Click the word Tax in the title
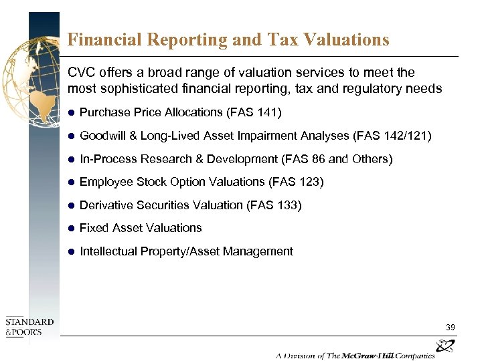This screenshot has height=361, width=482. click(282, 39)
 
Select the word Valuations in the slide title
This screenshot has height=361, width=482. click(346, 39)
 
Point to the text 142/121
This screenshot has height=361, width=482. click(405, 136)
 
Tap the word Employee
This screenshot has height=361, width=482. click(106, 182)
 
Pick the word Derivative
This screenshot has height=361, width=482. click(107, 205)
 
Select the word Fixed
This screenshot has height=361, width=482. click(94, 228)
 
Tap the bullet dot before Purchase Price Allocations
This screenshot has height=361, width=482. click(71, 112)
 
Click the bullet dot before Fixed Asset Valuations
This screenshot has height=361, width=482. click(71, 228)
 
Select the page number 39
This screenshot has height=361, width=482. click(451, 328)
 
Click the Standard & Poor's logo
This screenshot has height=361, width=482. click(29, 326)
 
